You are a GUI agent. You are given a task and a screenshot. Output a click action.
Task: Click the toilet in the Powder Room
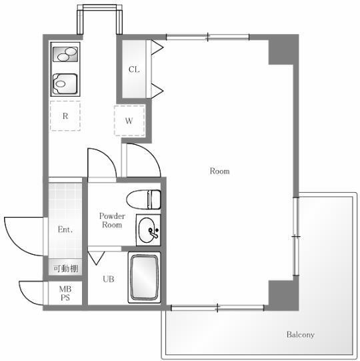point(143,200)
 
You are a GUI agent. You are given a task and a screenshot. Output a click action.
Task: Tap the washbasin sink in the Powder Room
point(147,230)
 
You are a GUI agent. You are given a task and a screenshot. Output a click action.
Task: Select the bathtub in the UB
point(144,278)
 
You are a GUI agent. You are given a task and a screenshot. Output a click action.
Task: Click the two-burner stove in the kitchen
point(65,54)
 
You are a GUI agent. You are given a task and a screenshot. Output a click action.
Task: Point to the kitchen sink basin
point(65,84)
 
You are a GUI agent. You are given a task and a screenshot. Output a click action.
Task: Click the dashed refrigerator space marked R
point(65,116)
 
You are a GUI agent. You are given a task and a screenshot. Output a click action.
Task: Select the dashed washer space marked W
point(129,120)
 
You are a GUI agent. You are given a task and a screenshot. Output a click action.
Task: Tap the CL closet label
point(134,69)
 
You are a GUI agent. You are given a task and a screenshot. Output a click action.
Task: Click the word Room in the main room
point(220,171)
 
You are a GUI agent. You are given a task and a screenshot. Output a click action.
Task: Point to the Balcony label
point(301,334)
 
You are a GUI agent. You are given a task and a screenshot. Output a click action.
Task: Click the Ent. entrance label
point(65,230)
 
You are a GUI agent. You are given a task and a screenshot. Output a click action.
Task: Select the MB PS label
point(65,294)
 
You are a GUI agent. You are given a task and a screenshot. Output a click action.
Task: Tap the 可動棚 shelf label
point(66,268)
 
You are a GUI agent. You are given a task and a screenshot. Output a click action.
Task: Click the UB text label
point(109,279)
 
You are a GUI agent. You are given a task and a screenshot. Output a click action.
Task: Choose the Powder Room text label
point(112,220)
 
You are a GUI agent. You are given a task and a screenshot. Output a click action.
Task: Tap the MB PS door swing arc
point(27,297)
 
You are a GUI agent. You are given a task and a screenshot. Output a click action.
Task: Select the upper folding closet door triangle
point(157,47)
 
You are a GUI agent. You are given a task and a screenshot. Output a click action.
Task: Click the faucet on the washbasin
point(153,232)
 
